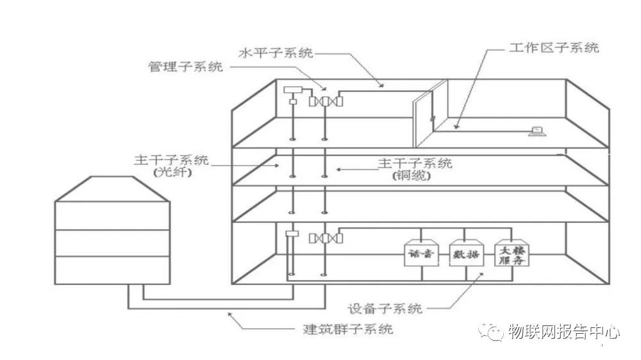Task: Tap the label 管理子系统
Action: pyautogui.click(x=186, y=67)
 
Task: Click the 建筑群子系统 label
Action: pyautogui.click(x=347, y=330)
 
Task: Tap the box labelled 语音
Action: pyautogui.click(x=420, y=254)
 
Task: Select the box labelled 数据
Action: pyautogui.click(x=465, y=254)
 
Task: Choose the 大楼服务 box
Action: pyautogui.click(x=511, y=254)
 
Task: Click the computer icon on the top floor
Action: pyautogui.click(x=536, y=132)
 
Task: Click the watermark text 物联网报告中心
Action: pyautogui.click(x=563, y=332)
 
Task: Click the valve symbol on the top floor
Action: pyautogui.click(x=325, y=101)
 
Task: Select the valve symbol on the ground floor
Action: pyautogui.click(x=325, y=238)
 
